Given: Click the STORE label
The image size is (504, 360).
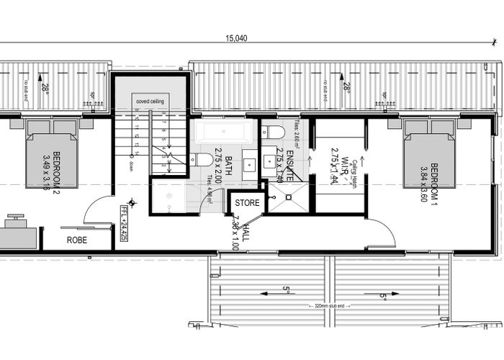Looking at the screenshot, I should coord(247,203).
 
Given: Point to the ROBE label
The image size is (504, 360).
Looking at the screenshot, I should coord(77,240).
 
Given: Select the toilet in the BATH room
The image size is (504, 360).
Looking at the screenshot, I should coord(204,158).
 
